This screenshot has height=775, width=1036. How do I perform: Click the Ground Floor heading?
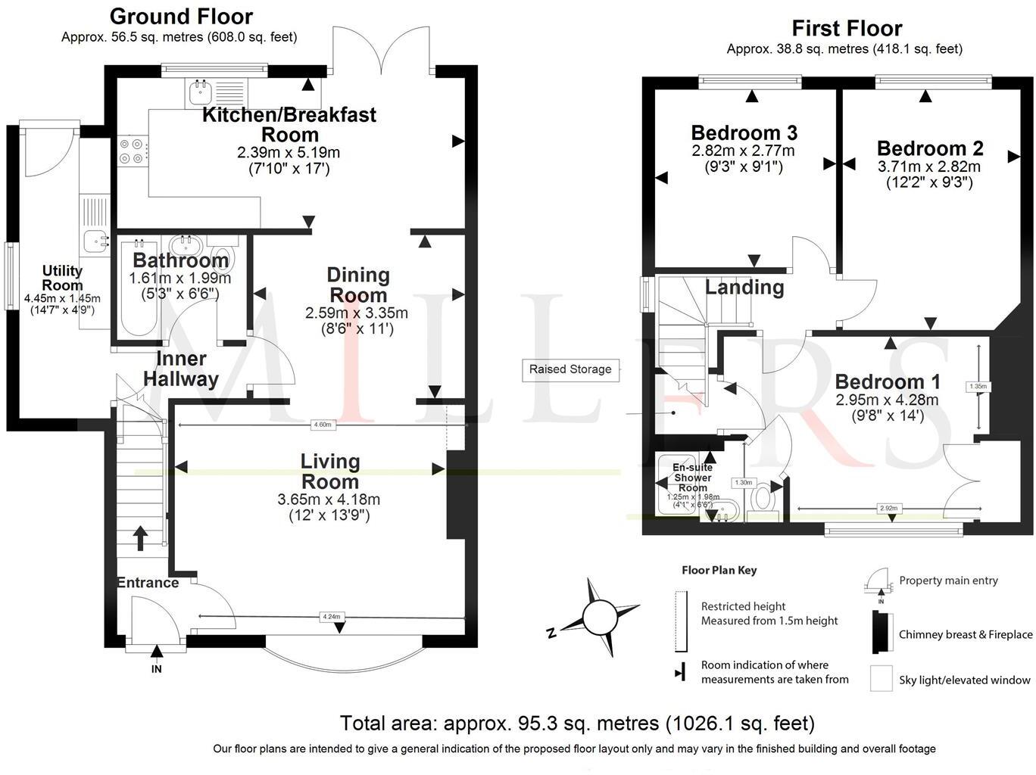(181, 16)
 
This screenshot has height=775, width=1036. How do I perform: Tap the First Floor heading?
(847, 29)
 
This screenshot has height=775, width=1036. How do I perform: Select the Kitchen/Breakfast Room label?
(289, 125)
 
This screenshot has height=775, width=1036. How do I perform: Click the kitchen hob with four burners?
(131, 150)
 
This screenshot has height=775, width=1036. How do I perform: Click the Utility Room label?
(62, 278)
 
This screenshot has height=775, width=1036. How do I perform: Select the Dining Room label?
(357, 285)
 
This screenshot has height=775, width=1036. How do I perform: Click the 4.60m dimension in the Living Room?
(322, 425)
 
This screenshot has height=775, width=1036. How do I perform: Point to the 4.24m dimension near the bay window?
(331, 617)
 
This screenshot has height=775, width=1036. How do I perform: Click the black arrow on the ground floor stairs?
(141, 538)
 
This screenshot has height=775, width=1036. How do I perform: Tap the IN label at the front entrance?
(157, 669)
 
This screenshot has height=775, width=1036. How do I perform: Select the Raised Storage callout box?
(570, 369)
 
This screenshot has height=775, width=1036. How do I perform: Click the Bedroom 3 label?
(744, 132)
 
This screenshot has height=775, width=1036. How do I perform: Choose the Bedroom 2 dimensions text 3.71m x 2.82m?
(928, 167)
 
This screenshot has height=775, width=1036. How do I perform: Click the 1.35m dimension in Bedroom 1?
(978, 387)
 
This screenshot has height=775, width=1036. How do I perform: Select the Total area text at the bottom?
(577, 724)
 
